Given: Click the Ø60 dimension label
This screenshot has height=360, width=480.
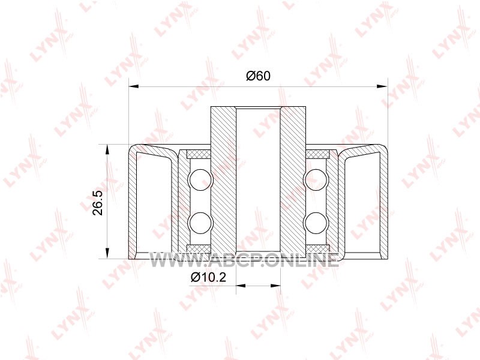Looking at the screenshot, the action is tap(259, 76).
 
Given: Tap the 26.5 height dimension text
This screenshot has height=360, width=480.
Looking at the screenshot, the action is tap(98, 203).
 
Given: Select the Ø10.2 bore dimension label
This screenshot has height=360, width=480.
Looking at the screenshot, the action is tap(208, 277).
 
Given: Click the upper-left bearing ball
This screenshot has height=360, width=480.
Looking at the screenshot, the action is tap(200, 179).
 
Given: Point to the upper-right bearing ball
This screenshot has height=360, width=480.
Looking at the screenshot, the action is tap(316, 179).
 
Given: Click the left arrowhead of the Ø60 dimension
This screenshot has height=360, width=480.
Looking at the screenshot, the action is tap(133, 86).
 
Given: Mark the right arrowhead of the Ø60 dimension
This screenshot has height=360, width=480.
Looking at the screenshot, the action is tap(382, 86).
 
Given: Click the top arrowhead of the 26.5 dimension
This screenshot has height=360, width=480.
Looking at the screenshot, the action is tap(107, 149).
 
